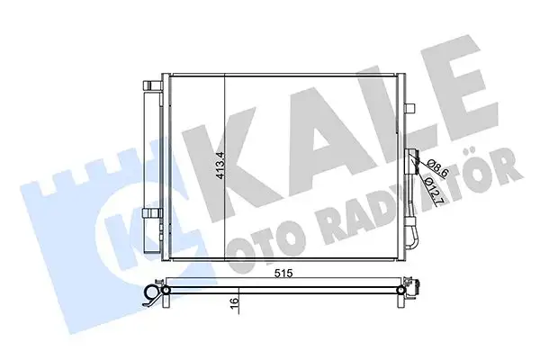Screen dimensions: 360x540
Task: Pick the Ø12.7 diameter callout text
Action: (429, 191)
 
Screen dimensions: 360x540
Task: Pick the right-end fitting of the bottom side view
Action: (417, 289)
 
